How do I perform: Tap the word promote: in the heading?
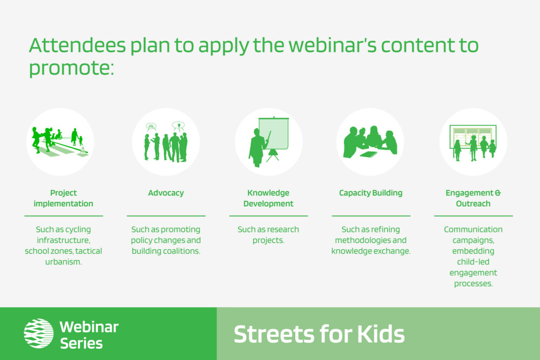tap(71, 68)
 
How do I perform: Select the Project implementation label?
tap(63, 198)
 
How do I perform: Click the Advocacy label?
tap(166, 193)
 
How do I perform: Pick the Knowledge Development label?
tap(268, 198)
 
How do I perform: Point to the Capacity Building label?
tap(370, 193)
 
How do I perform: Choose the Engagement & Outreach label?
tap(473, 198)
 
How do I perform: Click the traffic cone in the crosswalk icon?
tap(83, 151)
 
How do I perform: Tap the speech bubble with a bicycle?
tap(151, 127)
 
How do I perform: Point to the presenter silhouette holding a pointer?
tap(257, 147)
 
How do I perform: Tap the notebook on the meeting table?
tap(368, 154)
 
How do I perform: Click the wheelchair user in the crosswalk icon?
tap(58, 134)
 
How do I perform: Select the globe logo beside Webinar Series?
tap(38, 334)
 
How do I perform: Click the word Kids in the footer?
tap(381, 334)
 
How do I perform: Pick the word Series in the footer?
tap(82, 343)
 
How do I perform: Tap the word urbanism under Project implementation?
tap(63, 262)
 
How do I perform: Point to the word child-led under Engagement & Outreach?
tap(473, 262)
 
